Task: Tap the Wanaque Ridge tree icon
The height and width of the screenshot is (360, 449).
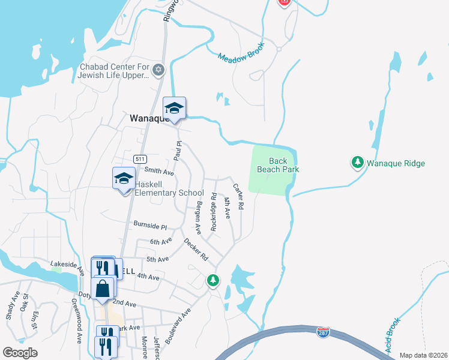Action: pyautogui.click(x=358, y=163)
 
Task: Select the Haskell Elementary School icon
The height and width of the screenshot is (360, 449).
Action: pyautogui.click(x=124, y=179)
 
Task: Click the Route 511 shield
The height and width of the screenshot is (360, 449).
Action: pyautogui.click(x=140, y=159)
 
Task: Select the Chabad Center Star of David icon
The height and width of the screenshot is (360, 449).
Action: pyautogui.click(x=158, y=70)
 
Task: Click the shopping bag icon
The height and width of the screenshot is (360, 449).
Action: pyautogui.click(x=103, y=289)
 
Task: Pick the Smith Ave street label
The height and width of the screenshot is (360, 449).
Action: pyautogui.click(x=159, y=172)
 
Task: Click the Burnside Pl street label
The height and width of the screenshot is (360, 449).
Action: pyautogui.click(x=150, y=226)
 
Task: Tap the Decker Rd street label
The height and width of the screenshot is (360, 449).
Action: pyautogui.click(x=196, y=249)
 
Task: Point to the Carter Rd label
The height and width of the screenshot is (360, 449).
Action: pyautogui.click(x=238, y=196)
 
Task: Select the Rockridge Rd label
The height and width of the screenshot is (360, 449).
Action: pyautogui.click(x=213, y=211)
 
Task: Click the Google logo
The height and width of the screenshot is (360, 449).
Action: pyautogui.click(x=20, y=353)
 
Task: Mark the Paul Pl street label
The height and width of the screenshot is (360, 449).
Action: pyautogui.click(x=178, y=151)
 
